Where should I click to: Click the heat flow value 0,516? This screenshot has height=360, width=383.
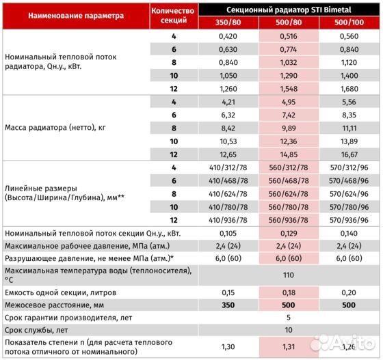point(291,36)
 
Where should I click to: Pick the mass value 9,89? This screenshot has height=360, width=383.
point(291,127)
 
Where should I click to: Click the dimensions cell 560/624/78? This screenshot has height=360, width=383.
point(291,194)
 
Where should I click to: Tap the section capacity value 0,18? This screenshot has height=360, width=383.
point(291,292)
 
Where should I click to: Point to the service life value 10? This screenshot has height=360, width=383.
point(291,330)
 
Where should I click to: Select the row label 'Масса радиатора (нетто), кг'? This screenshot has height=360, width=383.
point(55,127)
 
